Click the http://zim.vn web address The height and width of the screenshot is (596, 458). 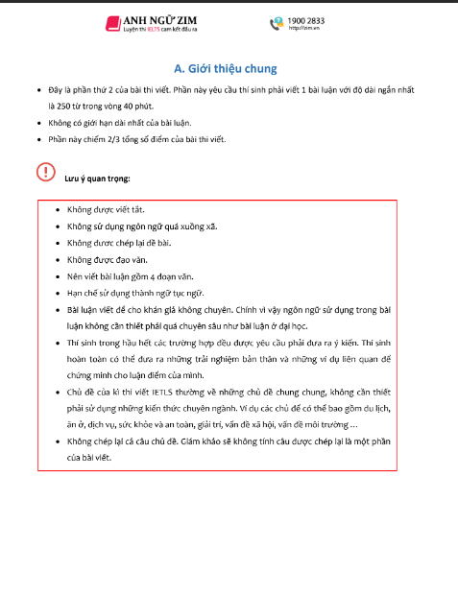[302, 29]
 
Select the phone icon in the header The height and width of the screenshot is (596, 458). [277, 23]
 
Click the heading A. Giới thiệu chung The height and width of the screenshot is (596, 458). [226, 68]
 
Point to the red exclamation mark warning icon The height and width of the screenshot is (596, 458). [45, 172]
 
